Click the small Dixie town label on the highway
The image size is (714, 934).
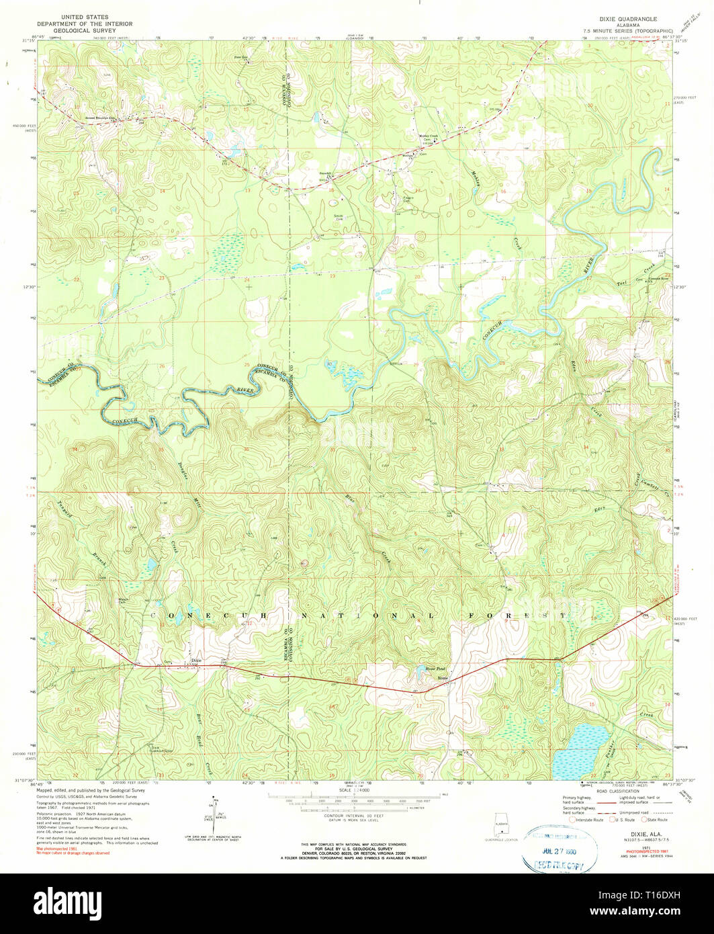[x=197, y=661]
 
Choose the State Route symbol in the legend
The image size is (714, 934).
[x=643, y=820]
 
